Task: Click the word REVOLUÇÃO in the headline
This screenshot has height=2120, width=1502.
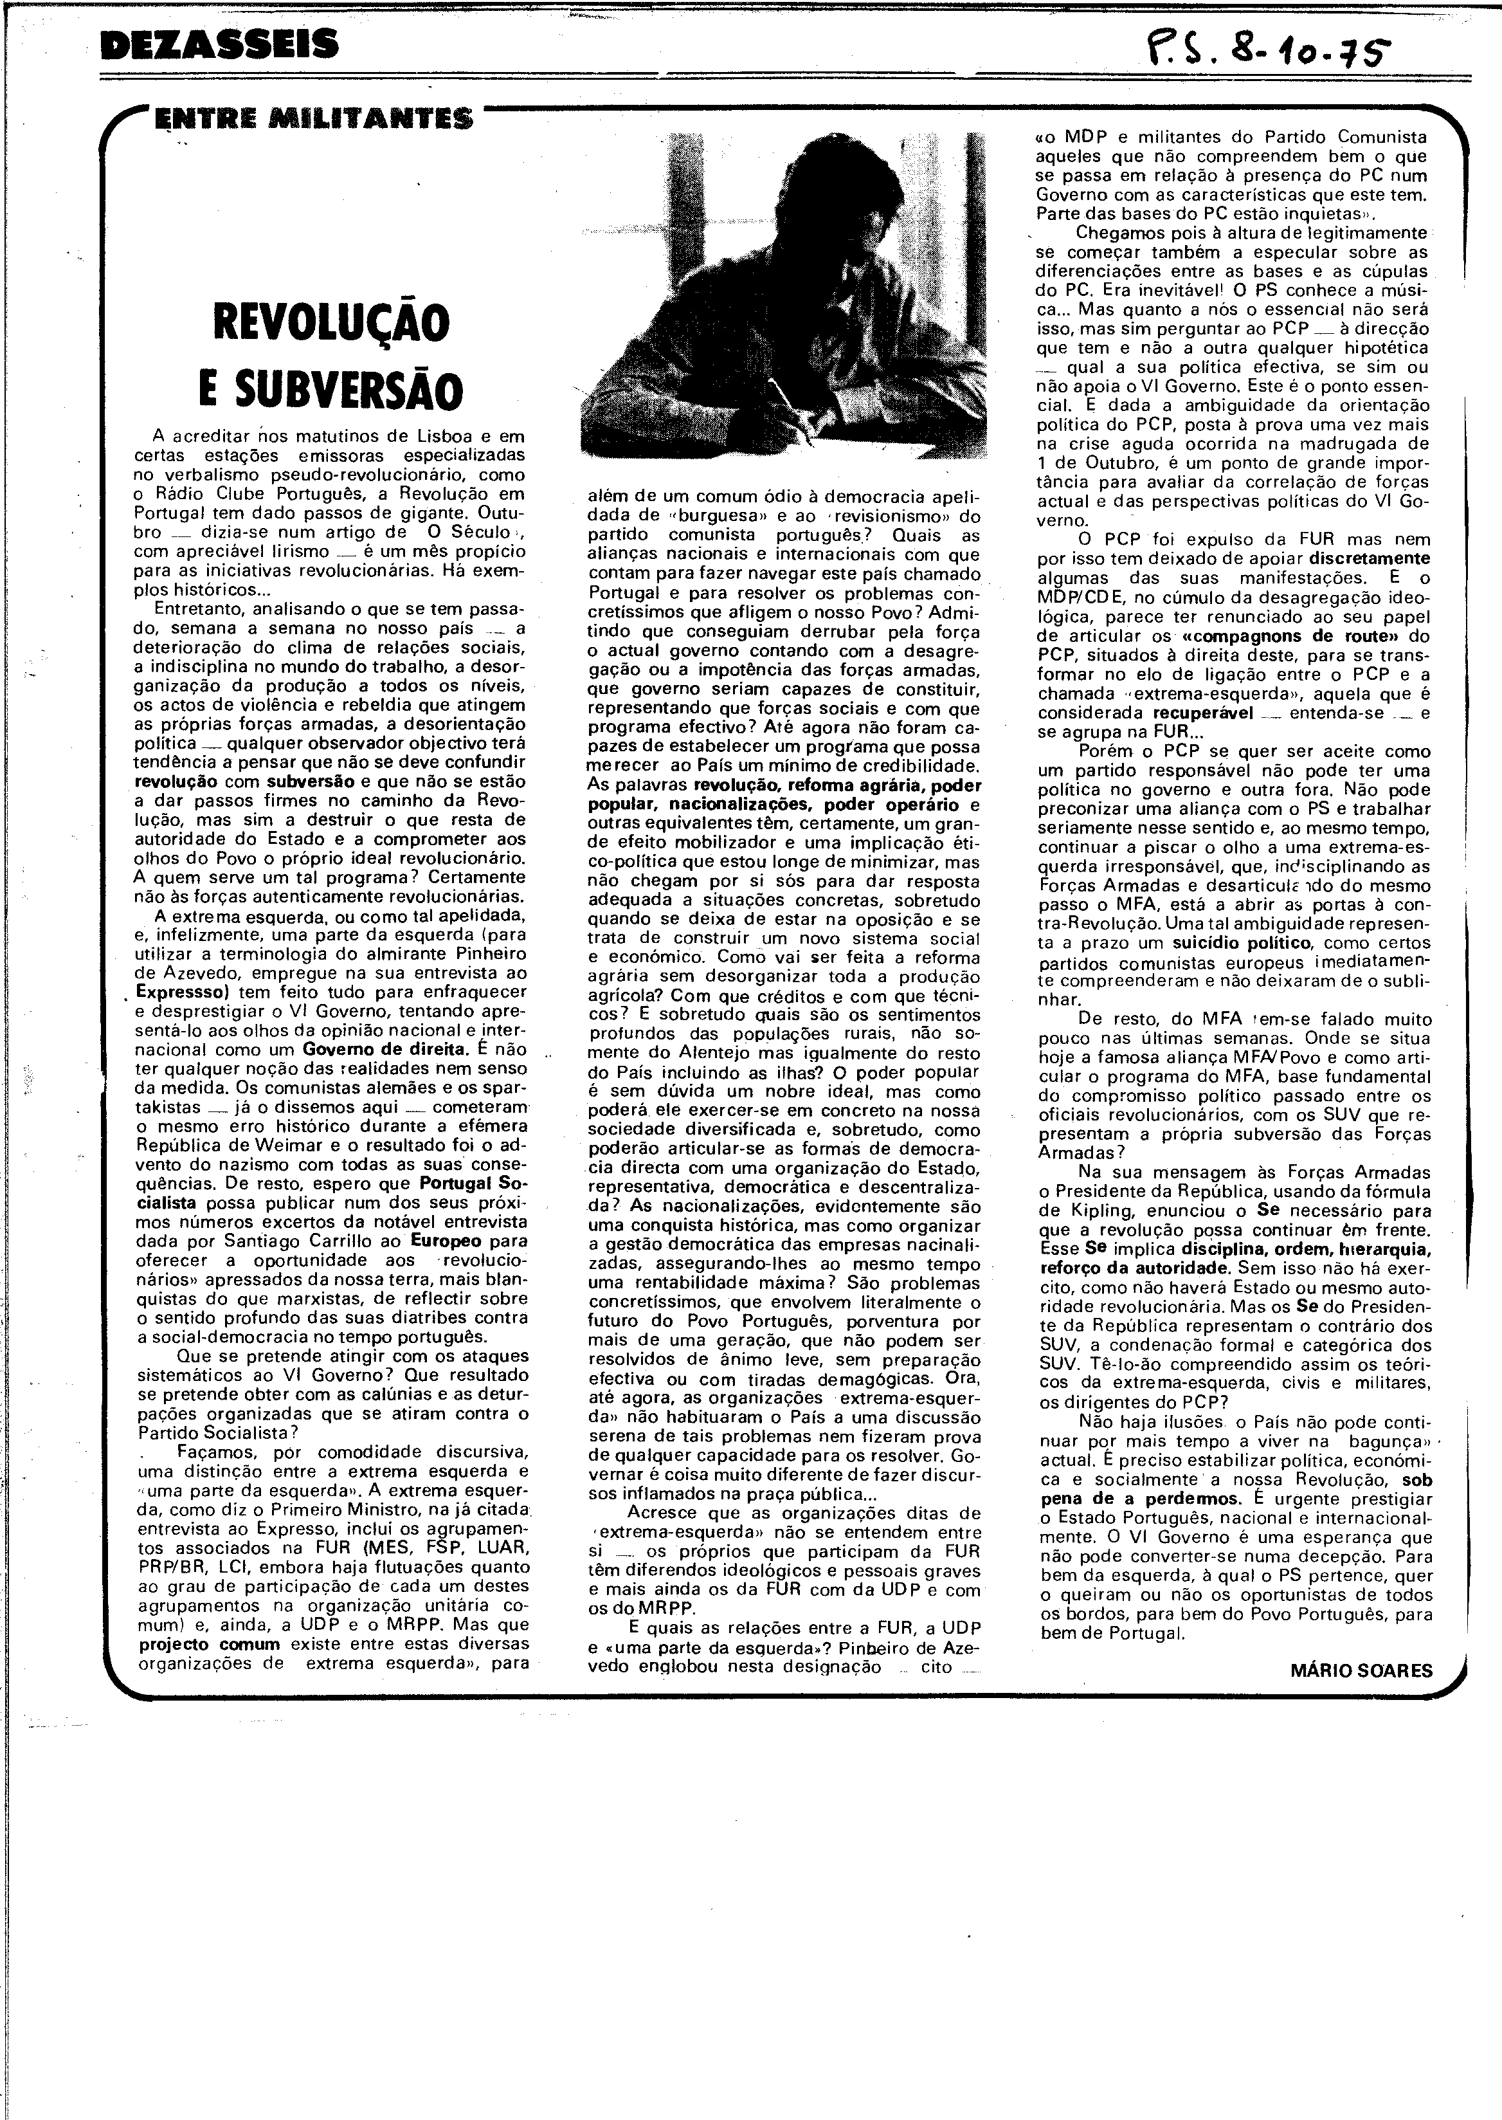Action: (x=331, y=321)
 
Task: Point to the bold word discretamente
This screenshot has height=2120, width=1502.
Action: (x=1370, y=559)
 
